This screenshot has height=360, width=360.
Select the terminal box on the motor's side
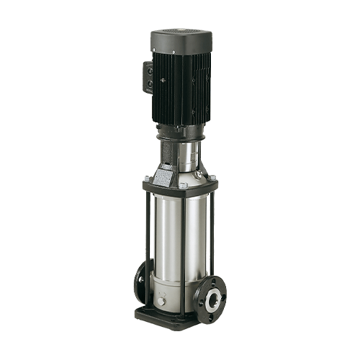tap(148, 78)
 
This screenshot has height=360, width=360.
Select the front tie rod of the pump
tap(186, 245)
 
